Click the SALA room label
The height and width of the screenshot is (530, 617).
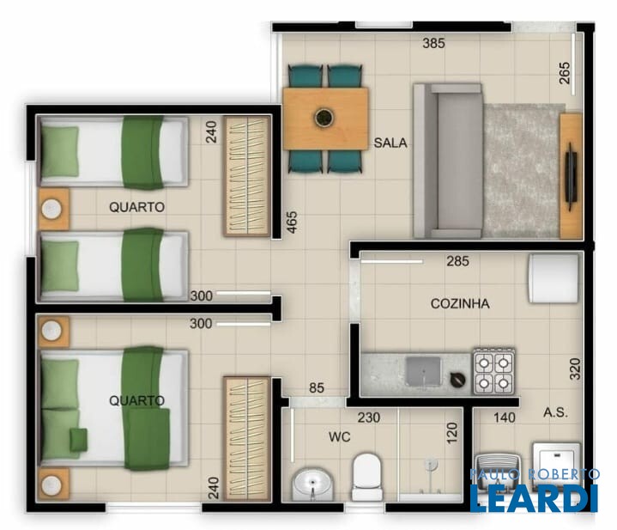(390, 143)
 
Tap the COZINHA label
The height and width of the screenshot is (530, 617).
(460, 303)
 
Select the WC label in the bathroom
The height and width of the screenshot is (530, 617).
(339, 436)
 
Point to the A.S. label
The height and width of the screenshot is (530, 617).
(555, 412)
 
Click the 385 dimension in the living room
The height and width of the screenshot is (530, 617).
(433, 43)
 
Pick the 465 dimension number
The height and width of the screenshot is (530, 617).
(292, 222)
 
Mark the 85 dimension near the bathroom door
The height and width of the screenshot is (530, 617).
(317, 388)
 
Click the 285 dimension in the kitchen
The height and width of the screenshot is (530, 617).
(457, 260)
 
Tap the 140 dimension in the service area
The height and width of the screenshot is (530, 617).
(504, 417)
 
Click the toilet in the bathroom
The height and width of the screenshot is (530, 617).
(367, 477)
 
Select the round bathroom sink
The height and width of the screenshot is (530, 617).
(312, 484)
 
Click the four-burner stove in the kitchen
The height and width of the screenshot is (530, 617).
(494, 371)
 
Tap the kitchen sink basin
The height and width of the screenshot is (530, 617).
(423, 371)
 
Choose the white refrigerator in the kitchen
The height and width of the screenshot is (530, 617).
(554, 278)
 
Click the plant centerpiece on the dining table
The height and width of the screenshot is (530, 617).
(324, 117)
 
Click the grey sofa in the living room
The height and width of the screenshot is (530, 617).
(448, 161)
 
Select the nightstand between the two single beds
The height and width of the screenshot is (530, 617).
(53, 209)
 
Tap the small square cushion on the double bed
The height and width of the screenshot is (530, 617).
(78, 439)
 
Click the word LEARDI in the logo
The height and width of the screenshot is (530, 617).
(535, 497)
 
